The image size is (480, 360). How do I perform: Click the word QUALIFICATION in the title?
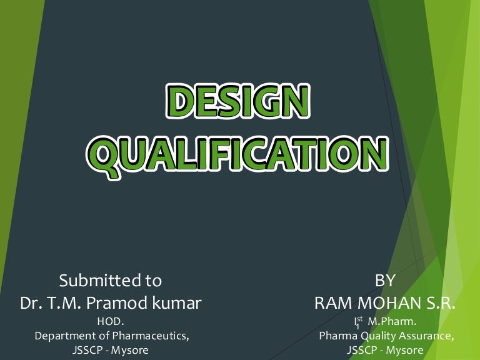click(x=241, y=153)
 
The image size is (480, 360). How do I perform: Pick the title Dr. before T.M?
click(x=31, y=304)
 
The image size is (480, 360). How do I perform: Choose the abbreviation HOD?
click(x=111, y=322)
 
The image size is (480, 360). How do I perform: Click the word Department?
click(x=63, y=336)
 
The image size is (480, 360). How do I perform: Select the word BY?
click(x=385, y=280)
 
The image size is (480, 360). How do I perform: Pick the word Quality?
click(x=378, y=336)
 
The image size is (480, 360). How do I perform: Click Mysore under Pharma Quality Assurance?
click(x=404, y=350)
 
